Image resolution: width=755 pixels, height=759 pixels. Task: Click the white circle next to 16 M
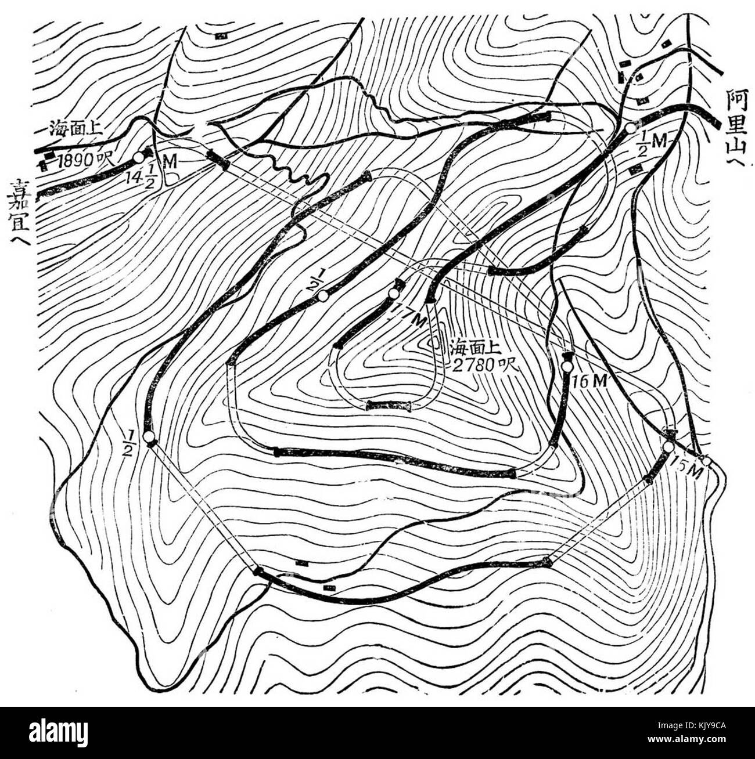[567, 366]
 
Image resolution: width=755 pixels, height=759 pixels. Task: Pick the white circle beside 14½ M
[138, 157]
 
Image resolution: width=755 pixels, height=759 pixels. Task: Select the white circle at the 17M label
[394, 295]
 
